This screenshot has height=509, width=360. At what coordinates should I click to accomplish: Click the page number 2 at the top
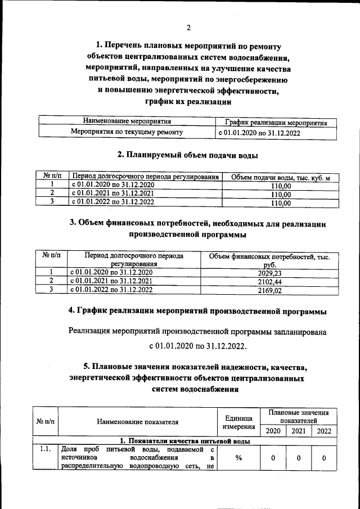[x=188, y=28]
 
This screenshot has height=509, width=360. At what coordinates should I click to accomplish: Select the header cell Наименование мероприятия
[x=127, y=121]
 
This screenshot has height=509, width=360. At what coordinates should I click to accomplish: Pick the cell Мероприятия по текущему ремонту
[x=127, y=132]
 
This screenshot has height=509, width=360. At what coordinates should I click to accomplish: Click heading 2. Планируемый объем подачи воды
[x=188, y=154]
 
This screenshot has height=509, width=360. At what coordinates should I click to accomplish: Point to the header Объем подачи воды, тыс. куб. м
[x=281, y=178]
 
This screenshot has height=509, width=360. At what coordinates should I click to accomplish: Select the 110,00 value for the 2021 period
[x=281, y=195]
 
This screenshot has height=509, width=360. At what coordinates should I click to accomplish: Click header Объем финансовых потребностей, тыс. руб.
[x=269, y=260]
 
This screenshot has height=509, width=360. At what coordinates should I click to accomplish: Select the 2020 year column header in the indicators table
[x=272, y=431]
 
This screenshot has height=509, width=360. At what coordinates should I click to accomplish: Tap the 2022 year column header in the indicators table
[x=324, y=431]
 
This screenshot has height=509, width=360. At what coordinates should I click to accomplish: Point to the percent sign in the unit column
[x=238, y=458]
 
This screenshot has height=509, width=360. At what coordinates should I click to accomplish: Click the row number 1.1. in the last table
[x=46, y=449]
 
